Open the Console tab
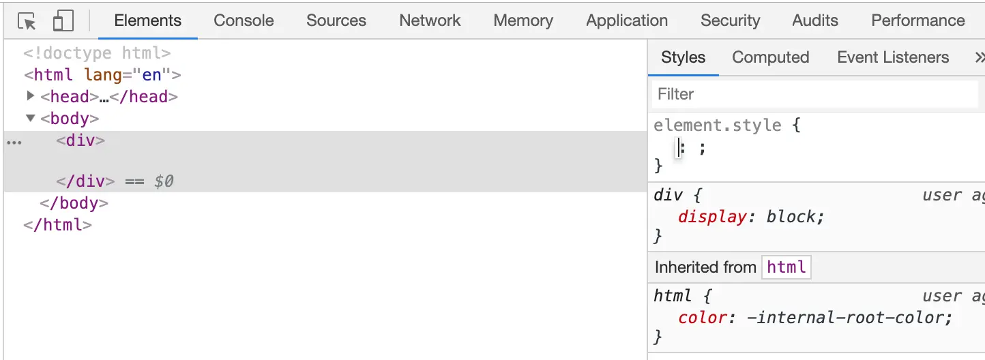coord(244,20)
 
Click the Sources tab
coord(336,20)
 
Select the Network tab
coord(430,20)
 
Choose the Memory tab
coord(523,20)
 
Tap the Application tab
coord(626,20)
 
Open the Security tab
coord(730,20)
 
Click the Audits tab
coord(815,20)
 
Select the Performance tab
coord(917,20)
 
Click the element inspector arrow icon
coord(27,22)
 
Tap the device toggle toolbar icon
coord(63,21)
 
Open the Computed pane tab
coord(770,57)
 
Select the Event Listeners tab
coord(893,57)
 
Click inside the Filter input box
coord(814,94)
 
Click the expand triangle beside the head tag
coord(30,96)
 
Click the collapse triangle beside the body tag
coord(30,118)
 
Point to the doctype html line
coord(97,52)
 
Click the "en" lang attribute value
coord(151,74)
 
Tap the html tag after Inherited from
coord(786,267)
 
